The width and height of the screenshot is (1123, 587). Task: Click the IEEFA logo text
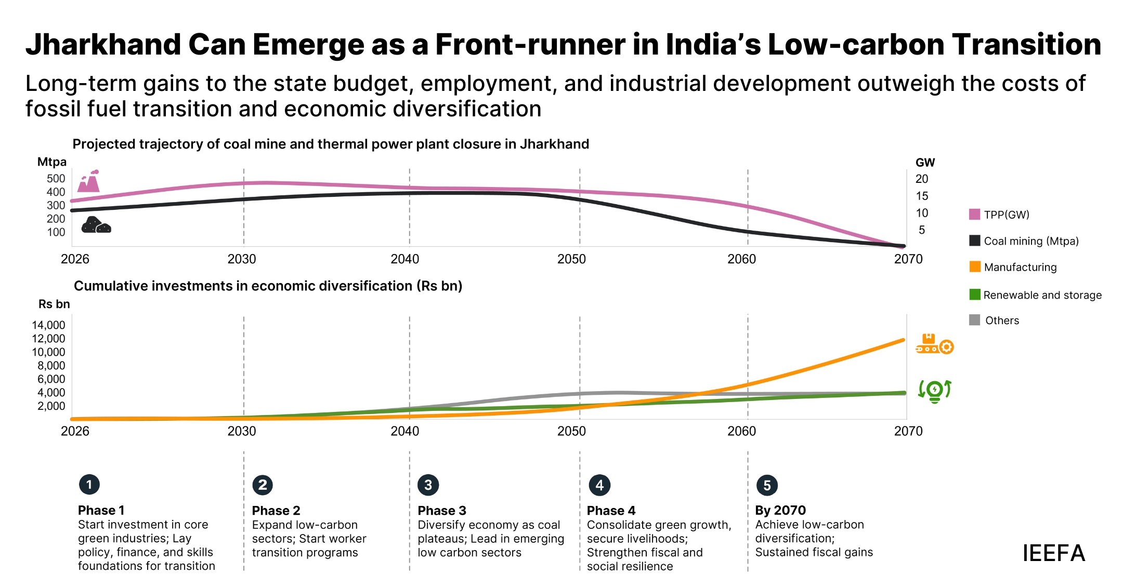1053,553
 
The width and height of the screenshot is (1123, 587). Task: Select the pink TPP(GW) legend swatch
974,215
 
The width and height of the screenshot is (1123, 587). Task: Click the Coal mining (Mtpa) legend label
1031,241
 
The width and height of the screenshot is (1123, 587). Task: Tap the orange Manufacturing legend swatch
975,267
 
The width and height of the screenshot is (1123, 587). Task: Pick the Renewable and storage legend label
1042,295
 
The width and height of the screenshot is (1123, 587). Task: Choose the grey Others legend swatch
975,320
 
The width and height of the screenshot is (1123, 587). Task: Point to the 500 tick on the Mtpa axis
56,179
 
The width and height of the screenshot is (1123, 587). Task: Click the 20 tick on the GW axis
922,179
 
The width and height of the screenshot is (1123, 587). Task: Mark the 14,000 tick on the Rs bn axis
49,325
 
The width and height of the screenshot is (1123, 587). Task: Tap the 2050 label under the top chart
571,259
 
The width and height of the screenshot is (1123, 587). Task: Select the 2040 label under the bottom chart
405,431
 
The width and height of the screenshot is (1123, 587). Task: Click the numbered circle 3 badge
428,485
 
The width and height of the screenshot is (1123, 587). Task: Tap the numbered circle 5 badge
767,485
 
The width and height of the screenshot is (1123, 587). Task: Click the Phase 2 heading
276,511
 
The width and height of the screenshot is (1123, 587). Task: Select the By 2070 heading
780,511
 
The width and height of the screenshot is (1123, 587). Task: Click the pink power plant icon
89,181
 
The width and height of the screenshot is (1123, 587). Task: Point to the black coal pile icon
96,225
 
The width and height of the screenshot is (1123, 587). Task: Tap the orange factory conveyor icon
934,344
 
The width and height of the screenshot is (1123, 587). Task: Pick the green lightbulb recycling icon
934,391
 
